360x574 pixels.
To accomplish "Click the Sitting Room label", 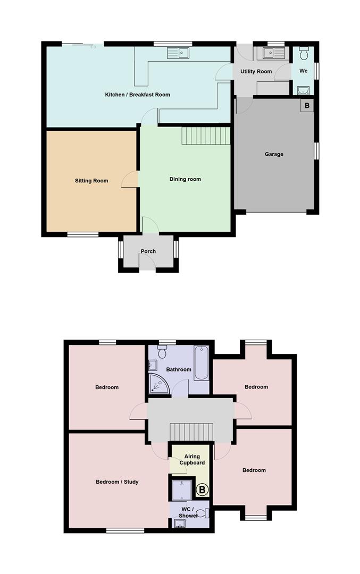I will point(91,181).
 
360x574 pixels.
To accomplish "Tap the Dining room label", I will point(185,179).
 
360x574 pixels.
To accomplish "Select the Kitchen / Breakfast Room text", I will point(137,95).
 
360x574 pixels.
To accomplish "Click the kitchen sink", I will point(178,53).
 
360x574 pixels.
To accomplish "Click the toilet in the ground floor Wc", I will point(304,54).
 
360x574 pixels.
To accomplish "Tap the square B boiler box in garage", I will point(307,105).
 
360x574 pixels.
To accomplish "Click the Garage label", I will point(274,154).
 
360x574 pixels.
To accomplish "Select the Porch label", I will point(148,251).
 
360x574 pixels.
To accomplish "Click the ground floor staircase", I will point(206,136).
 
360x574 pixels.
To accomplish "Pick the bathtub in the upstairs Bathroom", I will point(201,363).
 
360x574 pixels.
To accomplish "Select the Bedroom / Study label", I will point(117,482).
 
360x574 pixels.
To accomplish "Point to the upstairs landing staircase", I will point(190,431).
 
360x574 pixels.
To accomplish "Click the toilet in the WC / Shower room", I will point(205,513).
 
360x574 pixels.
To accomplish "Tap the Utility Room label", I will point(256,71).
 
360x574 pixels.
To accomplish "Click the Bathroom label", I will point(178,369).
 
